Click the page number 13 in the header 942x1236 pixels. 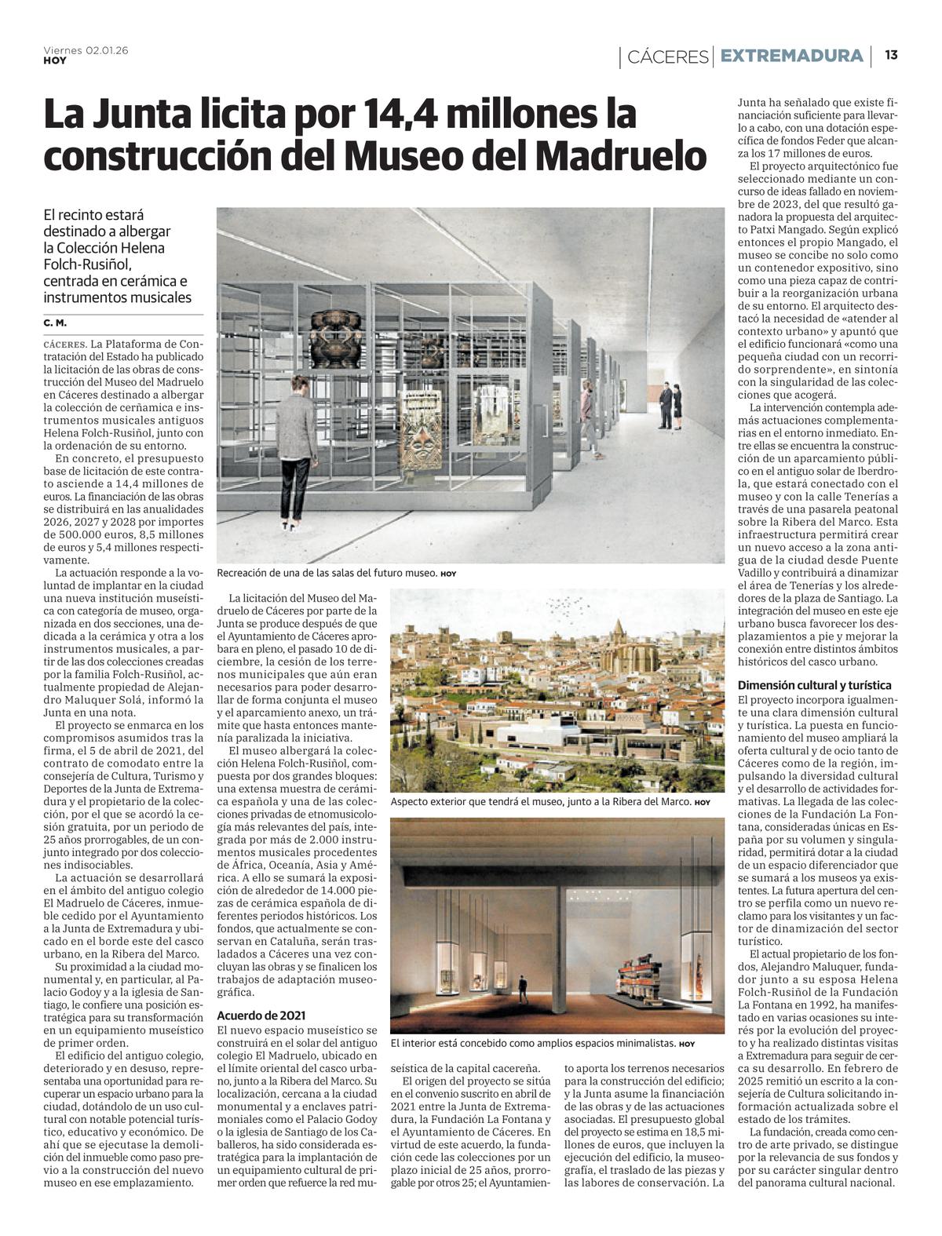tap(891, 55)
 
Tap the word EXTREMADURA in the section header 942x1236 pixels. tap(791, 56)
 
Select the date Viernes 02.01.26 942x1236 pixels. tap(86, 49)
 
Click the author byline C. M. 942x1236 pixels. tap(55, 323)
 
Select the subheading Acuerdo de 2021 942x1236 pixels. tap(261, 1015)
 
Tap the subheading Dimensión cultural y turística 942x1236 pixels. tap(814, 685)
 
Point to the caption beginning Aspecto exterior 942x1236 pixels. tap(541, 802)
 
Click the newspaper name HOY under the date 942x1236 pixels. tap(55, 60)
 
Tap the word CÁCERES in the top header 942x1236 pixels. tap(667, 57)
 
